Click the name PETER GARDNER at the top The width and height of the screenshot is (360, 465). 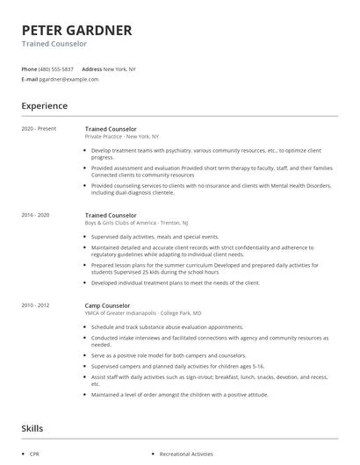76,30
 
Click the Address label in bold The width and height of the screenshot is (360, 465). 91,68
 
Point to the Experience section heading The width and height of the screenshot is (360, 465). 44,106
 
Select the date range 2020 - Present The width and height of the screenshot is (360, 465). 39,129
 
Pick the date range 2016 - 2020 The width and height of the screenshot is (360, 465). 35,215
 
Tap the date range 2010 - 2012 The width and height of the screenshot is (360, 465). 35,305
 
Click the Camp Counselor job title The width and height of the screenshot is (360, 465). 108,305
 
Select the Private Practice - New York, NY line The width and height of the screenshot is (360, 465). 121,137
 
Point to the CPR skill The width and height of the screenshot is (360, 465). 33,454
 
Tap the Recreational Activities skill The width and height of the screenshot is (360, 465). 186,454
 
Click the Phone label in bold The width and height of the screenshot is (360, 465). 29,68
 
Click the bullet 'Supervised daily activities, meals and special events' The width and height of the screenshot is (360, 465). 155,237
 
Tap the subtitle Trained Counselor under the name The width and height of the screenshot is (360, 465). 54,43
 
